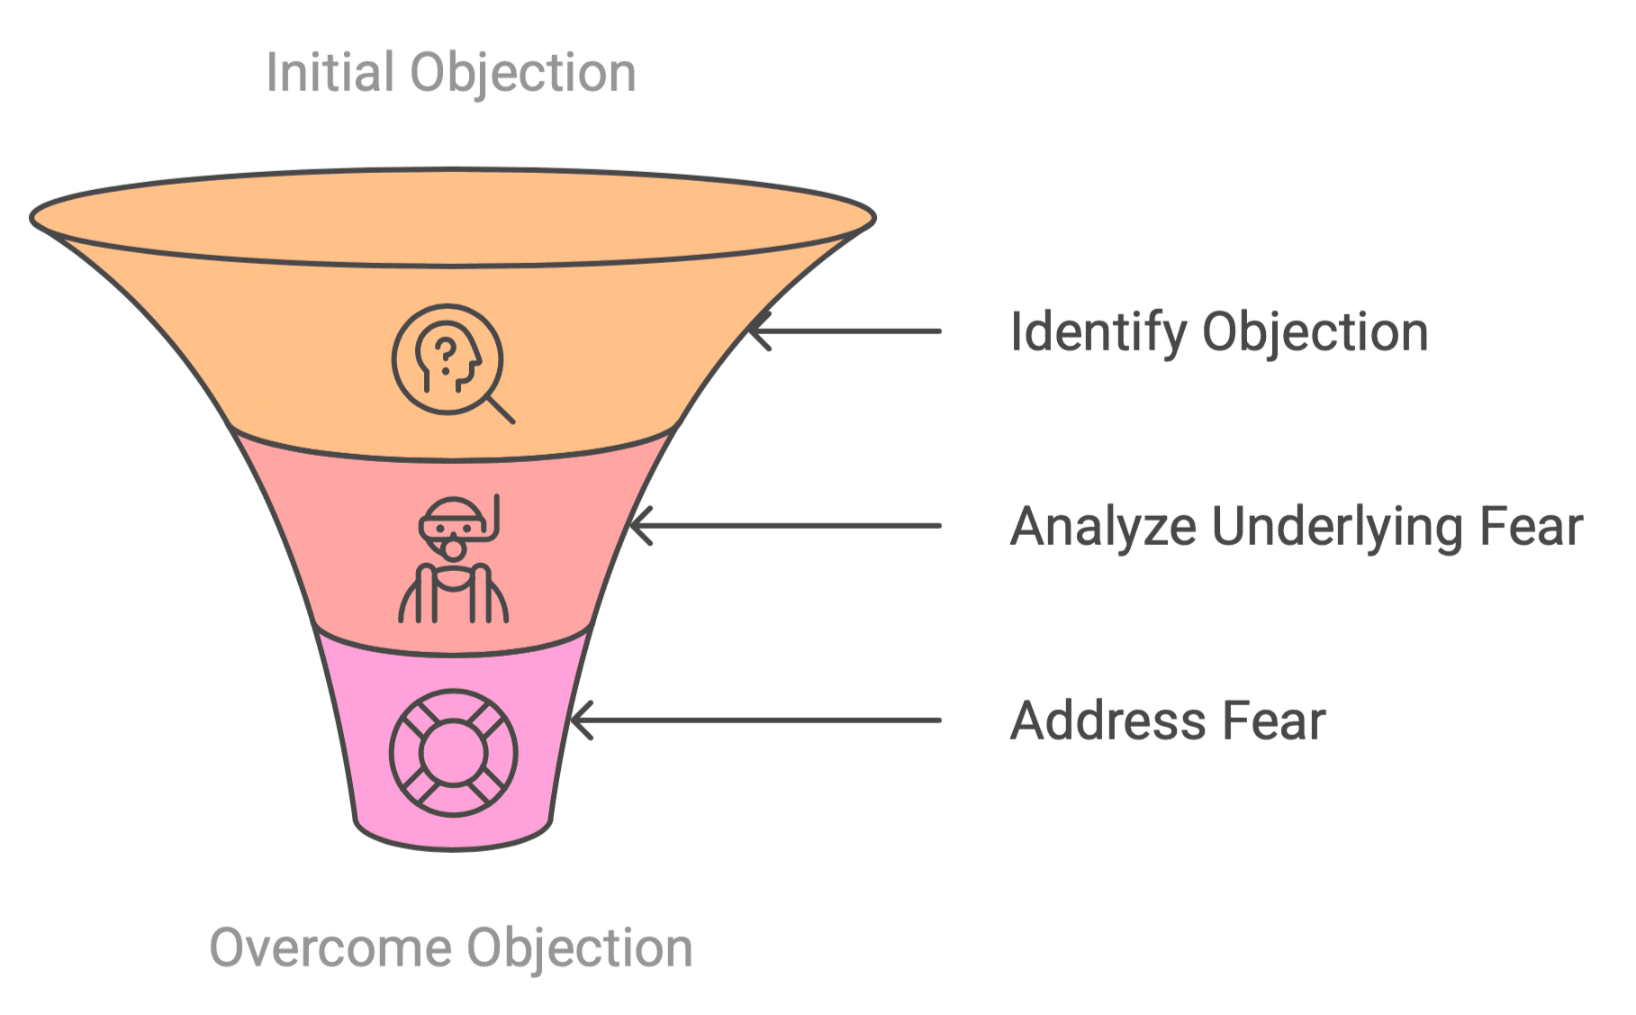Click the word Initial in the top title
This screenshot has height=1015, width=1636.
pyautogui.click(x=330, y=72)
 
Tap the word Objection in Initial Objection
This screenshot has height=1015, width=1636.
pyautogui.click(x=523, y=72)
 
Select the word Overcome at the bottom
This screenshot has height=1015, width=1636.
pyautogui.click(x=330, y=947)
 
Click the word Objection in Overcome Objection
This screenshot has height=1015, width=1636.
pyautogui.click(x=580, y=947)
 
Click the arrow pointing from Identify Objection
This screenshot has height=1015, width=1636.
pyautogui.click(x=845, y=331)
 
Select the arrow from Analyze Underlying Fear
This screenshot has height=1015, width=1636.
pyautogui.click(x=785, y=526)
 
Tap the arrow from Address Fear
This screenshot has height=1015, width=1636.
pyautogui.click(x=756, y=720)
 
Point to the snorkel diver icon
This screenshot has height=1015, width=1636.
pyautogui.click(x=454, y=559)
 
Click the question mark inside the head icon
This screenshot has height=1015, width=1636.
pyautogui.click(x=446, y=355)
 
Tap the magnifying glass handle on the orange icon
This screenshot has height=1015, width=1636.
pyautogui.click(x=501, y=409)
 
